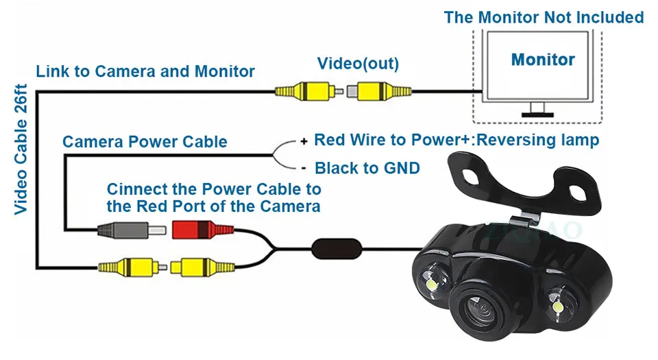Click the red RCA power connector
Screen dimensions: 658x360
pyautogui.click(x=203, y=230)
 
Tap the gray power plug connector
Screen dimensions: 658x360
pyautogui.click(x=132, y=230)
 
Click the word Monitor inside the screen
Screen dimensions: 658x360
pyautogui.click(x=543, y=60)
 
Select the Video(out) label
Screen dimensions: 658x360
pyautogui.click(x=358, y=63)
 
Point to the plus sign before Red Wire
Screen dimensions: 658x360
pyautogui.click(x=304, y=141)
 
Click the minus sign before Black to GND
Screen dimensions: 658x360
pyautogui.click(x=304, y=169)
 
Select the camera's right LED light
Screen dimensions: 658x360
pyautogui.click(x=557, y=307)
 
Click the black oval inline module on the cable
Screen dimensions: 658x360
pyautogui.click(x=337, y=249)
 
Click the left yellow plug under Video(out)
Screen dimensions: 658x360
pyautogui.click(x=309, y=91)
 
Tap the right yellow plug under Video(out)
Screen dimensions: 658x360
pyautogui.click(x=379, y=91)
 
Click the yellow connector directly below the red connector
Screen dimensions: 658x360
pyautogui.click(x=202, y=267)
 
